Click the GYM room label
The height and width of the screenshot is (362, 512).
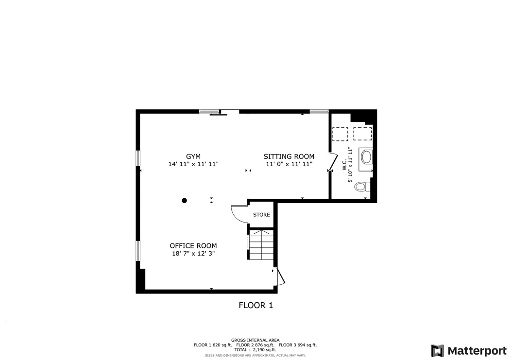coord(193,156)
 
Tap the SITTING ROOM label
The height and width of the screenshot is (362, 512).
coord(289,156)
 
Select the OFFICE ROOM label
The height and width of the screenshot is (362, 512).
coord(193,246)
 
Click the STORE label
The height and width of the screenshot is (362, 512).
coord(261,215)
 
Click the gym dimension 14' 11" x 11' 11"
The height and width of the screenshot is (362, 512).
coord(193,165)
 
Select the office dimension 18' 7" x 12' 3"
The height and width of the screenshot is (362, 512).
coord(193,254)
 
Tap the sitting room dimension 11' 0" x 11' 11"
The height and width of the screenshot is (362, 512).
coord(289,165)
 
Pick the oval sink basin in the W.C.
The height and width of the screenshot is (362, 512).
coord(365,157)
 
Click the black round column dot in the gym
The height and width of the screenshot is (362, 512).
coord(185,200)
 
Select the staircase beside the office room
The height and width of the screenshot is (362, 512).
coord(261,245)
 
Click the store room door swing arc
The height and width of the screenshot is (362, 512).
coord(238,214)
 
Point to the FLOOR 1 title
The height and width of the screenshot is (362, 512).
coord(256,306)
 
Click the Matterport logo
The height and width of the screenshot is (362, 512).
coord(469,351)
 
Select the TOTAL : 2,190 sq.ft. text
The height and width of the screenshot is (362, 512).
coord(255,350)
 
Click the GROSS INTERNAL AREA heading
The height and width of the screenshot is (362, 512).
coord(255,340)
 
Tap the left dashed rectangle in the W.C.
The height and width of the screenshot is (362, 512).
coord(340,133)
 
